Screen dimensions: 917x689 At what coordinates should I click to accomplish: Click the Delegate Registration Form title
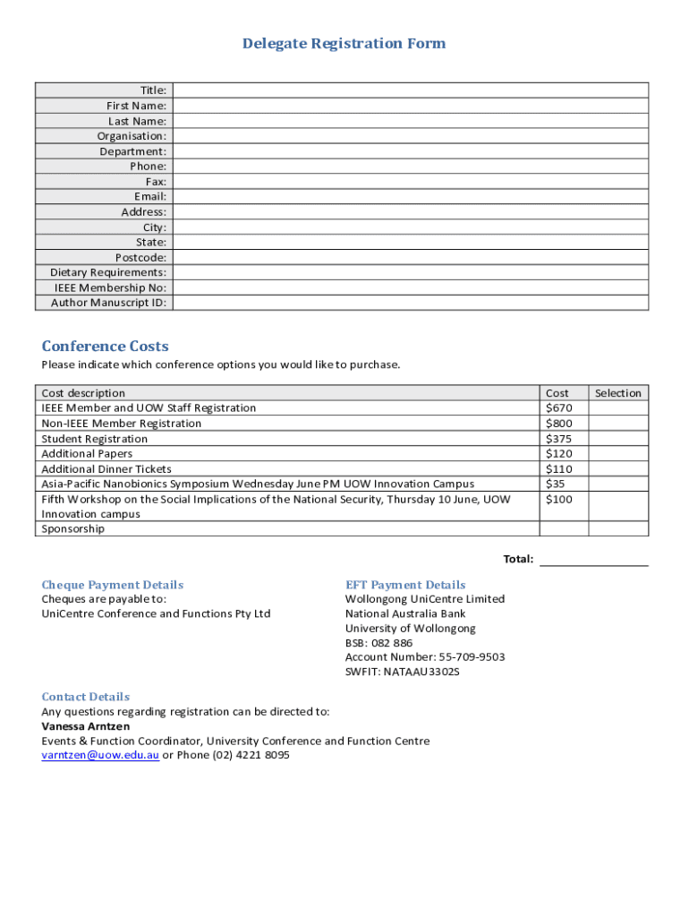344,44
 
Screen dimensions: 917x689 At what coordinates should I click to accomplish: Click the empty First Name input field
411,106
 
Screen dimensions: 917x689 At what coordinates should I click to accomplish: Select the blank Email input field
411,196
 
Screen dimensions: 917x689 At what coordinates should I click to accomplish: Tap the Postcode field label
140,258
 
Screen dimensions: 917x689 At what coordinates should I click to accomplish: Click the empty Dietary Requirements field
411,272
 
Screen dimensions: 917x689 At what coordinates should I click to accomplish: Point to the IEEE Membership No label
110,287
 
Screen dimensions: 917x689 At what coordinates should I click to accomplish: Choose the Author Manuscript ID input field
411,303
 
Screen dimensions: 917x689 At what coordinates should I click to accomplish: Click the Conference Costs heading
105,347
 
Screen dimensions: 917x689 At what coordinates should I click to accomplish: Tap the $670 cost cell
557,408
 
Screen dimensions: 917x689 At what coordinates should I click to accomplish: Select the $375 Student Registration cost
557,439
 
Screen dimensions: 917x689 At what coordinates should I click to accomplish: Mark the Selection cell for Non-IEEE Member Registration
617,424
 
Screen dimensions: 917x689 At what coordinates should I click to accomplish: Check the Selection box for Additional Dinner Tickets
617,469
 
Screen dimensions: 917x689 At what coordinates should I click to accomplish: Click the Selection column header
617,393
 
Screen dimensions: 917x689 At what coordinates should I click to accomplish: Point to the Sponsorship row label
72,529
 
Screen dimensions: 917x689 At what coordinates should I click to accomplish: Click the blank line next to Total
594,560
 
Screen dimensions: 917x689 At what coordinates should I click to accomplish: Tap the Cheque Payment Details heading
112,585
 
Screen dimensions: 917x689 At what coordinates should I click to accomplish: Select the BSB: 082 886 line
379,643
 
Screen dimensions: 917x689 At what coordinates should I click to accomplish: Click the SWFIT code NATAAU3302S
403,672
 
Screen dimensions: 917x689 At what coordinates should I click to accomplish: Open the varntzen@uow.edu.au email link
100,755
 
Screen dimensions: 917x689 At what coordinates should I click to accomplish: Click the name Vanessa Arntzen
86,726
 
